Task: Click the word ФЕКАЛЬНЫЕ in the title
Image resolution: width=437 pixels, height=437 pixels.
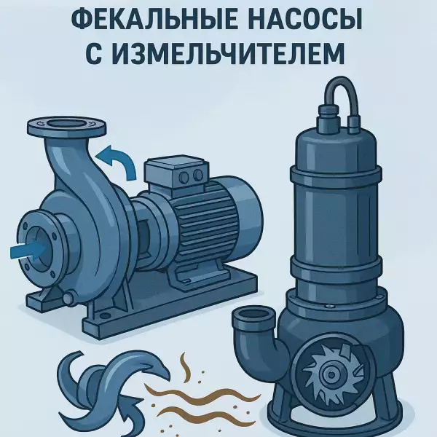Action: pyautogui.click(x=154, y=20)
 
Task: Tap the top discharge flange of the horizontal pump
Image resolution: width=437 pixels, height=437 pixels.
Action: pyautogui.click(x=67, y=127)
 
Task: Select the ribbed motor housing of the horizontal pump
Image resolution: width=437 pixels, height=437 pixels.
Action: pyautogui.click(x=206, y=223)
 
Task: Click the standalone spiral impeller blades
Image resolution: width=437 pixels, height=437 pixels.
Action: pyautogui.click(x=109, y=390)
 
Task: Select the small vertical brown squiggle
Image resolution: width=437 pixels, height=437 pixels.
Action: pyautogui.click(x=185, y=366)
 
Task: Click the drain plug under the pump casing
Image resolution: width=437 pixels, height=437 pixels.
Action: pyautogui.click(x=69, y=297)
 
